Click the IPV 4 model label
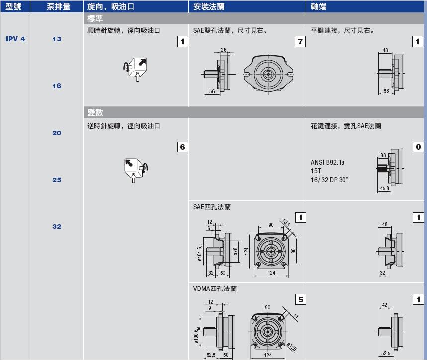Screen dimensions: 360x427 point(15,39)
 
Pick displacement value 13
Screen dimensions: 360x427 point(57,39)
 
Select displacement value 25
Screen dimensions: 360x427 point(57,180)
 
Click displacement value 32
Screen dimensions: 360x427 point(57,226)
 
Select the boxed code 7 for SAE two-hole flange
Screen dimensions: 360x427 point(300,42)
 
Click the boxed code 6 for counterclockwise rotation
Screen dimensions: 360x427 point(182,147)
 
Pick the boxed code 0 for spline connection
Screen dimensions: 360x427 point(419,147)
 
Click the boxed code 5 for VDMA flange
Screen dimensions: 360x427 point(300,299)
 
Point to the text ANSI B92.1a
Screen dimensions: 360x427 point(328,162)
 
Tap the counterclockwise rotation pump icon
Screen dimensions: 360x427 point(135,169)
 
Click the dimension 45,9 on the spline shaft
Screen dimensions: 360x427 point(384,188)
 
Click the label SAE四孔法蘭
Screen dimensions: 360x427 point(212,207)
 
